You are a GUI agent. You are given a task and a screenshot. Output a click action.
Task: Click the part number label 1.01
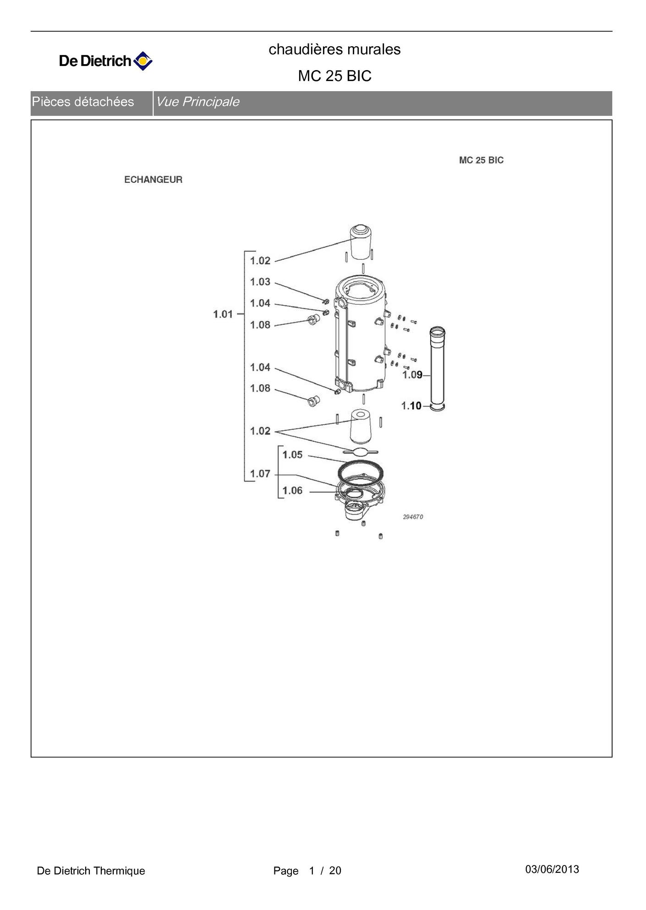tap(223, 314)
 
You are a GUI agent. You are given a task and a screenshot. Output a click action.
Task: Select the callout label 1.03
tap(260, 282)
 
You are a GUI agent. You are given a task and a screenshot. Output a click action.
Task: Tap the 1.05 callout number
tap(292, 455)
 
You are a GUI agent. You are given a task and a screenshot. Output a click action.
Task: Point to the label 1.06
tap(292, 491)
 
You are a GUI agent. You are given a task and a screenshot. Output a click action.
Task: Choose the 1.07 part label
tap(260, 474)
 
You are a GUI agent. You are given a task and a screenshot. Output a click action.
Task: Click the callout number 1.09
tap(412, 375)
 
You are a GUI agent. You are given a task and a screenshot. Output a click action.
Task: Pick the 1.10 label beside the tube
tap(411, 406)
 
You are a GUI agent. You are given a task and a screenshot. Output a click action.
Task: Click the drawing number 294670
tap(413, 517)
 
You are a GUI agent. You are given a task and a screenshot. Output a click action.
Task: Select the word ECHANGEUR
tap(153, 180)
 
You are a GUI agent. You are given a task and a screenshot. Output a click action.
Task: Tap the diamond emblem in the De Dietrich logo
tap(143, 61)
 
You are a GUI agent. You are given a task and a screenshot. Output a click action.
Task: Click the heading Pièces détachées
tap(83, 102)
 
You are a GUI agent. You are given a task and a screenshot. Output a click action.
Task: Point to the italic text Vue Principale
tap(198, 102)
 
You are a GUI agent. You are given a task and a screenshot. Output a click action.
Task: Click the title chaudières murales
tap(334, 49)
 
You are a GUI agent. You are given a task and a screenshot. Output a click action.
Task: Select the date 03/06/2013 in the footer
tap(552, 869)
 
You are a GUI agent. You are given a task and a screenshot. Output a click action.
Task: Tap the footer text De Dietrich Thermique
tap(91, 871)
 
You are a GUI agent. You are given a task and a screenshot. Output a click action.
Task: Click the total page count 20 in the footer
tap(335, 871)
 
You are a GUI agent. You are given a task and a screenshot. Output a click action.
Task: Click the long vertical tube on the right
tap(438, 369)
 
